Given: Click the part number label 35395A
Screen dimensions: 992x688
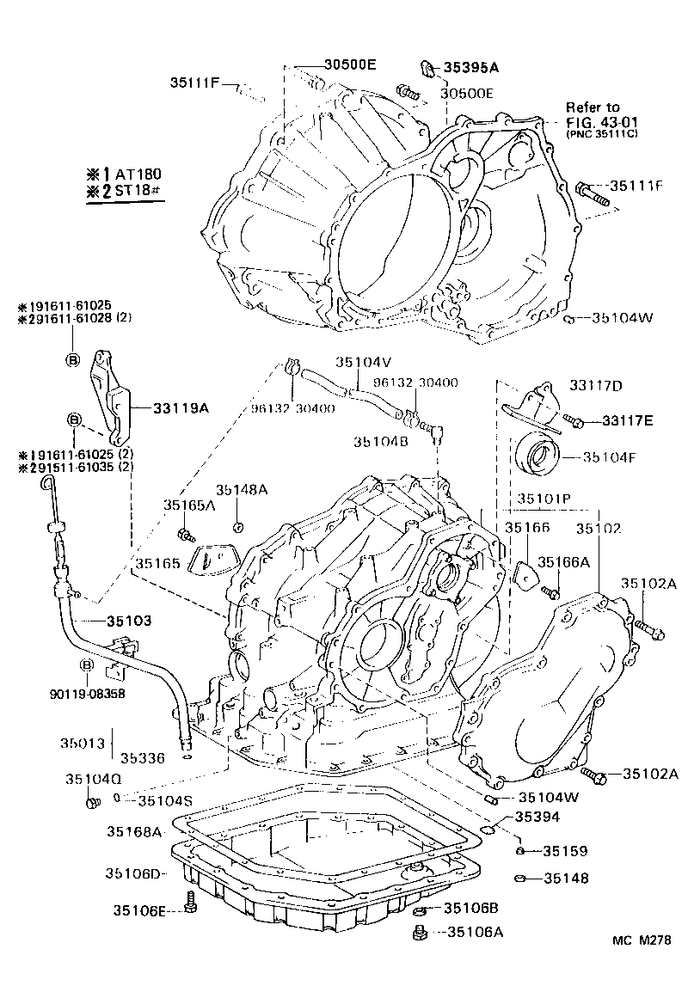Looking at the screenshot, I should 471,66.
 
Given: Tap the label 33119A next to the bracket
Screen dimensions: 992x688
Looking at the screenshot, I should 181,408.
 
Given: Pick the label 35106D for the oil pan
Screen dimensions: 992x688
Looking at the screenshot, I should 134,873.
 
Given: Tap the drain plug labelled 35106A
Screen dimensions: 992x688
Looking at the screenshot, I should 421,932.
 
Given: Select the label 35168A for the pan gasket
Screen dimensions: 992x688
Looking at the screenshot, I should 134,831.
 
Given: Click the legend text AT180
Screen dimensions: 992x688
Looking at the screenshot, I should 140,172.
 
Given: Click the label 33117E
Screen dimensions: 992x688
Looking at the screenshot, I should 628,420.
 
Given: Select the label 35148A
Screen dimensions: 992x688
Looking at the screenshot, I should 241,489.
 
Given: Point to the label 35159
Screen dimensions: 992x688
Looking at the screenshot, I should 565,852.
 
